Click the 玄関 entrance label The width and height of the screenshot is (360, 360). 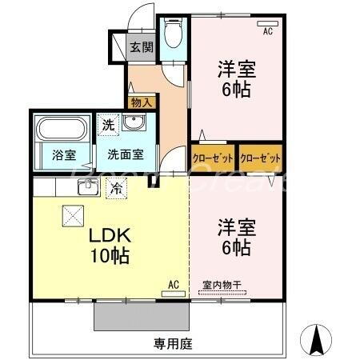pos(142,46)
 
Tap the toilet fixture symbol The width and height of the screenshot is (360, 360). pos(172,33)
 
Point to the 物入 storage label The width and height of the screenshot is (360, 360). pos(142,102)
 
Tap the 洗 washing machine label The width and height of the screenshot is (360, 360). pos(107,125)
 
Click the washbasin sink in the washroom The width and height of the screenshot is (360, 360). pos(132,124)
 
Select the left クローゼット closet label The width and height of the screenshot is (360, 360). pos(212,158)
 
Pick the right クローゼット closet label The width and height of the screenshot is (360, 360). pos(260,158)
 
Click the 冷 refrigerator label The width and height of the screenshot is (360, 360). pos(117,190)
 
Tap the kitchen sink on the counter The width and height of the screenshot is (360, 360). pos(86,187)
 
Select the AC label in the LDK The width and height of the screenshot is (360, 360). pos(174,284)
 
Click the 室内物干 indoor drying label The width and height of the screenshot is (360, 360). pos(222,286)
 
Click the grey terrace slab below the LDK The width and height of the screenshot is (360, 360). pos(141,317)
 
